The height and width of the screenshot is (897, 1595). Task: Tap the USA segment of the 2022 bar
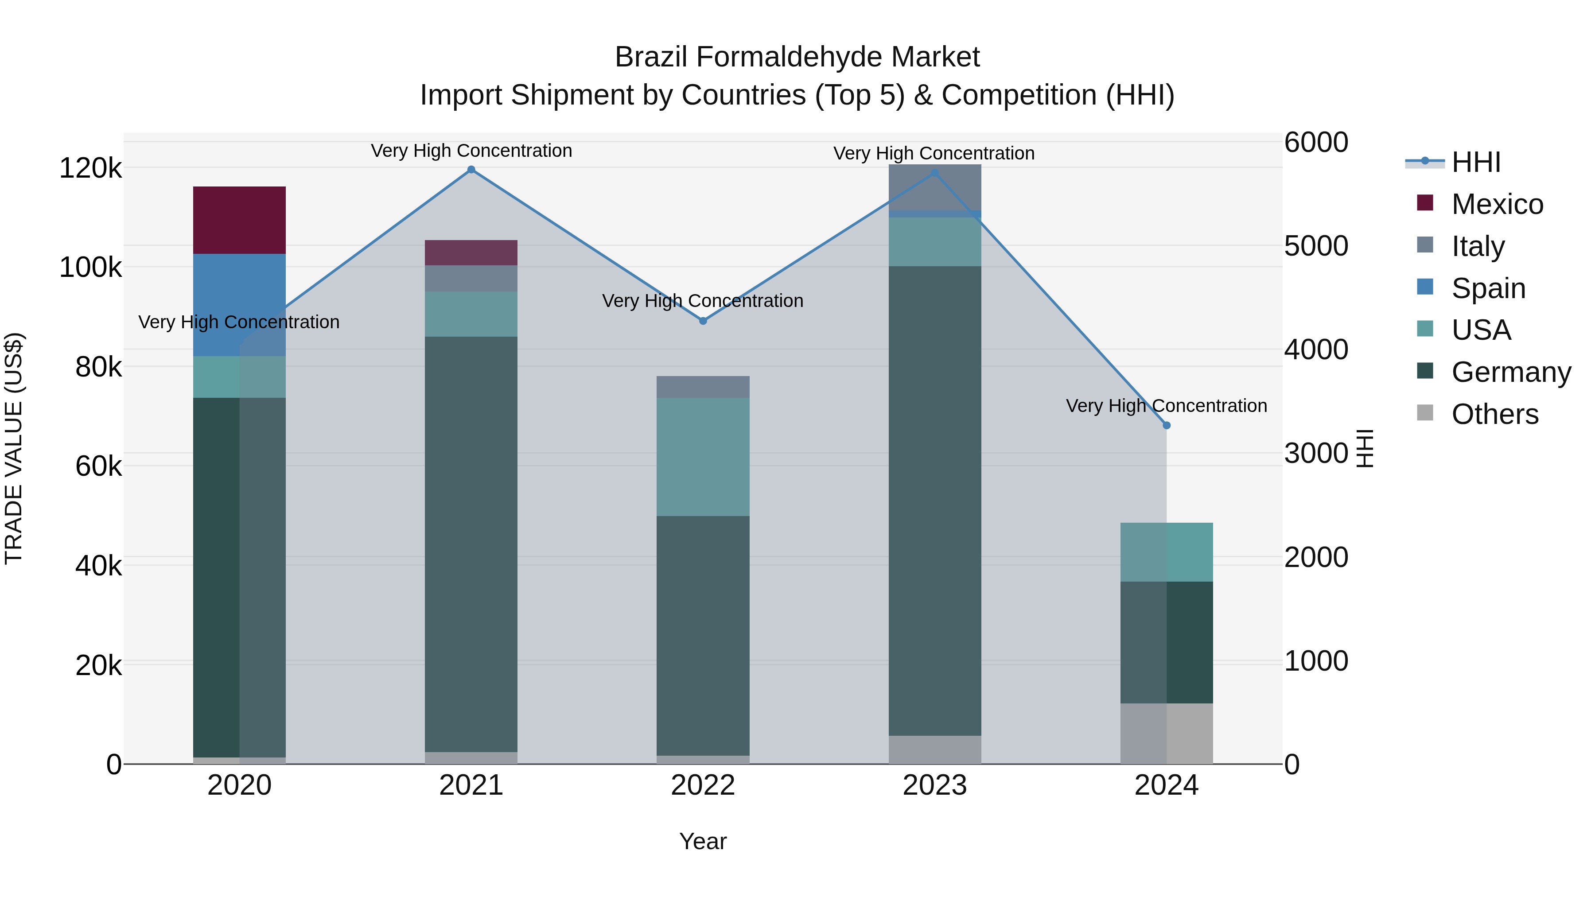coord(703,457)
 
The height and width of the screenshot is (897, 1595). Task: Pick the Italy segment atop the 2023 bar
coord(934,187)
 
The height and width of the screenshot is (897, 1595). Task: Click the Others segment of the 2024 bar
coord(1167,734)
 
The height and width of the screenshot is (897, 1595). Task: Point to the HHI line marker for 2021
coord(471,170)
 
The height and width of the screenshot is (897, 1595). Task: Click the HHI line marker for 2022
coord(703,321)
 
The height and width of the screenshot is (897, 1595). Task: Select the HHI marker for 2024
coord(1167,425)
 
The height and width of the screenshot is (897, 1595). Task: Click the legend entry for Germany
coord(1510,372)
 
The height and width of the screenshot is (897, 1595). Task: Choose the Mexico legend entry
coord(1497,204)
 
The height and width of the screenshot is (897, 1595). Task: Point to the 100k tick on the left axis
coord(90,268)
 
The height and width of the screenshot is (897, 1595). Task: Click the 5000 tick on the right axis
coord(1316,246)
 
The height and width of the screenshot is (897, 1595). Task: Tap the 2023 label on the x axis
coord(934,785)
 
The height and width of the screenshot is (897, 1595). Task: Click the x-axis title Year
coord(703,841)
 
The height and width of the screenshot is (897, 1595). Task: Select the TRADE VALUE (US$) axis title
coord(14,448)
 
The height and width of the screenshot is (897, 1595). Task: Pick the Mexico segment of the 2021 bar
coord(471,252)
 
